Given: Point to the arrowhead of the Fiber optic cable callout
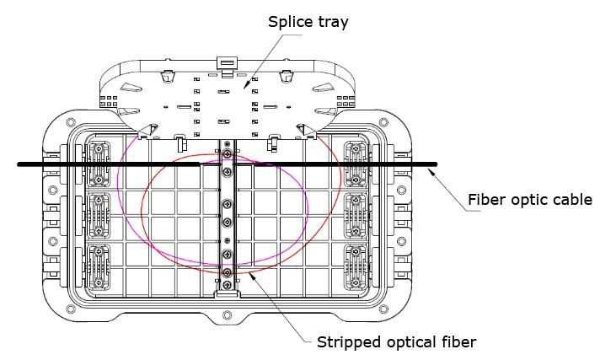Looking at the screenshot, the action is pos(433,172).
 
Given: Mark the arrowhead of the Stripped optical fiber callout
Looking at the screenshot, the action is pos(253,277).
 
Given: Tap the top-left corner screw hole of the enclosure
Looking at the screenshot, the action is pos(71,122).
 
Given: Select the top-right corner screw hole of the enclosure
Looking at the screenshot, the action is pos(383,122).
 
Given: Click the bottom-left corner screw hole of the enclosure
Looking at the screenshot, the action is pos(71,309).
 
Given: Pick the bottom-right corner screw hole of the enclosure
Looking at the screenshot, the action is pos(383,309).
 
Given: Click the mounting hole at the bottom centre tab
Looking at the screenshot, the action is pos(227,315).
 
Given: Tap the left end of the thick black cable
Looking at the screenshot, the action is pos(19,164).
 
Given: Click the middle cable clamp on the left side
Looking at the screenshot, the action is pos(99,216).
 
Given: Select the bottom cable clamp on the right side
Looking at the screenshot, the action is pos(356,267).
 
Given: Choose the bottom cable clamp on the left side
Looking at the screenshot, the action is pos(99,267).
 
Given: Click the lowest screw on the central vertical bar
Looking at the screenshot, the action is pos(228,285).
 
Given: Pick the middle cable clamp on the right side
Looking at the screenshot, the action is pos(356,216).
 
